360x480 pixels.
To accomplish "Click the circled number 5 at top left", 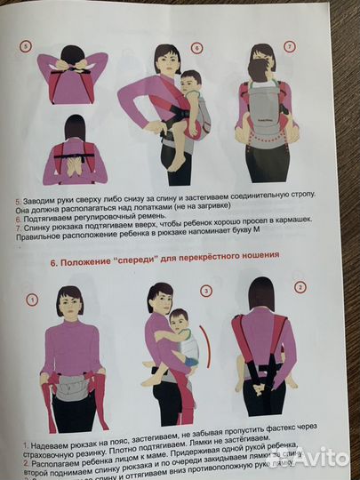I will coord(26,46).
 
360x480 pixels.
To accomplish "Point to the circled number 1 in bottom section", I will coord(31,299).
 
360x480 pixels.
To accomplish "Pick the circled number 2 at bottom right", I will coord(300,287).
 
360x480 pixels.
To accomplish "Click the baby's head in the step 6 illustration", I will coord(188,85).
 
